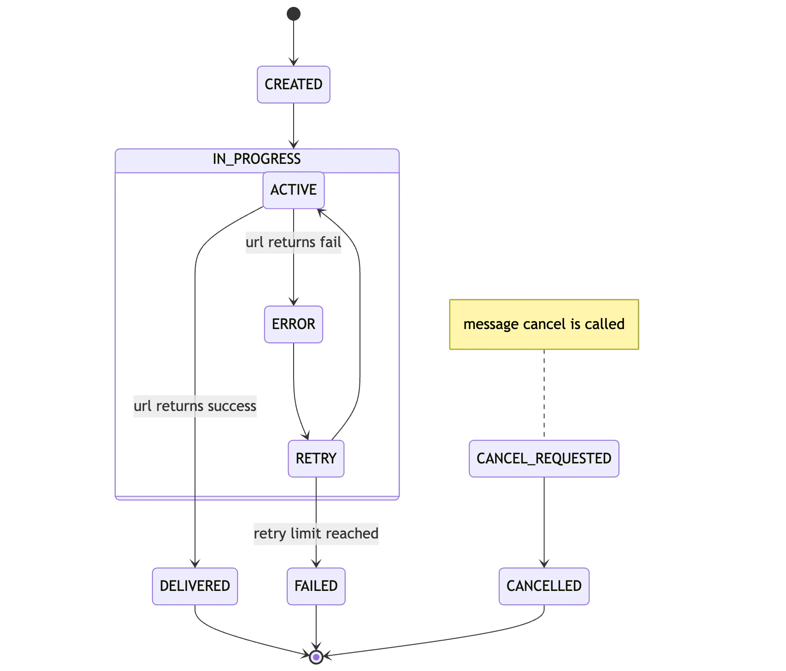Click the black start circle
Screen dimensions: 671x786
pos(294,14)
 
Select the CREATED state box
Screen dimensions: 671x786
pos(294,85)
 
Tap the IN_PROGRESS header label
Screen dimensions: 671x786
pos(257,159)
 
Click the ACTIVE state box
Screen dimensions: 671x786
pos(294,190)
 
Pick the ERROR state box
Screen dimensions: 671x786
pos(294,324)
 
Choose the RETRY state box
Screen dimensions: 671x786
pos(316,459)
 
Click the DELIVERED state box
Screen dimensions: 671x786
pos(195,586)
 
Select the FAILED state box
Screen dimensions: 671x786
pos(316,586)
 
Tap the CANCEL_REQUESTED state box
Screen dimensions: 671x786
pos(544,459)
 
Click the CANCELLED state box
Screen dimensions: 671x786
pos(544,586)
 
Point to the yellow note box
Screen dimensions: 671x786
pos(544,324)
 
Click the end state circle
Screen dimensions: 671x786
pos(316,657)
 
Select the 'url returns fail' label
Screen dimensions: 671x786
pos(294,243)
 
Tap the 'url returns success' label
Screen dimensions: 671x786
pos(195,406)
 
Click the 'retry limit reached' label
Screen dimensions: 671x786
pos(316,534)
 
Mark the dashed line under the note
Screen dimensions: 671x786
pos(544,394)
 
